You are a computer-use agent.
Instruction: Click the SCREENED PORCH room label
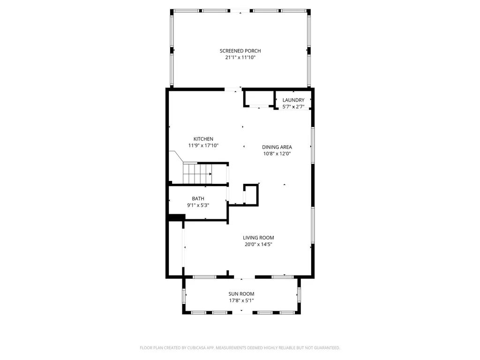pos(240,51)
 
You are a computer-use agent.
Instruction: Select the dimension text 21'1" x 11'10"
pos(240,58)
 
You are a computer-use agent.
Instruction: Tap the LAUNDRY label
pos(293,100)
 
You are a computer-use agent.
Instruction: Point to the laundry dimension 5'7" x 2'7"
pos(293,106)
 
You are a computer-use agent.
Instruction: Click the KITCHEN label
pos(203,139)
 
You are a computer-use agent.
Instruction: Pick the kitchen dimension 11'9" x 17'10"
pos(203,145)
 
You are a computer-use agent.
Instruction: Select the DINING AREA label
pos(277,147)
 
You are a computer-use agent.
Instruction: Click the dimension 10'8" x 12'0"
pos(277,153)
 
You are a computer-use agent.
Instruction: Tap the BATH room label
pos(198,198)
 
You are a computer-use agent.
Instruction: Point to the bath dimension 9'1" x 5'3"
pos(198,205)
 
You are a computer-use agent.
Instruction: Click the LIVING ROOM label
pos(258,238)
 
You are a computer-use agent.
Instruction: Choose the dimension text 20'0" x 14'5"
pos(258,244)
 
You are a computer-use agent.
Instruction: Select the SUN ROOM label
pos(241,294)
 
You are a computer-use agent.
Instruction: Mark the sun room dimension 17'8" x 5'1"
pos(241,300)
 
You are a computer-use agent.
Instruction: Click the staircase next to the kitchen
pos(197,173)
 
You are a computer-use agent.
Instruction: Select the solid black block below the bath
pos(176,217)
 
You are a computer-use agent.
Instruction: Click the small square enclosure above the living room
pos(251,195)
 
